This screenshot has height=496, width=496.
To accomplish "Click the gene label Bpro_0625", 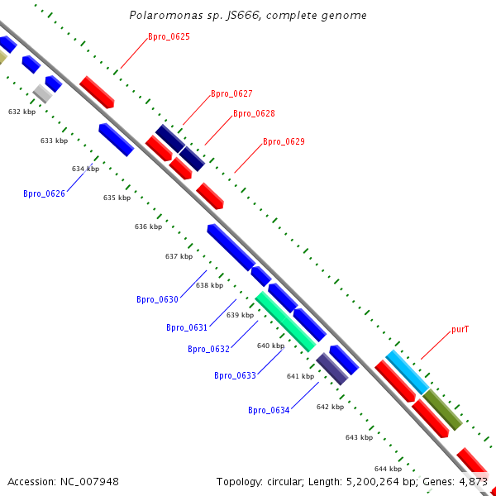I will [x=169, y=37].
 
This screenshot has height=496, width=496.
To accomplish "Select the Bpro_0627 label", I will [x=231, y=94].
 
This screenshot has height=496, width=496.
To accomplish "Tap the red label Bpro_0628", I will [x=254, y=114].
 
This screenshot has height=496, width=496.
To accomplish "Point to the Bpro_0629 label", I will [x=284, y=142].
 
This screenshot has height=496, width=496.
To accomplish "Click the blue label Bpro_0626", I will [x=44, y=194].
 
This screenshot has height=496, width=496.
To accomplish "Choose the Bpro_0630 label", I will [x=157, y=299].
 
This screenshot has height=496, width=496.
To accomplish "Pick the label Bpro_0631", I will [x=187, y=328].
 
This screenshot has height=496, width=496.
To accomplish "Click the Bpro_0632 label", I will [x=208, y=349].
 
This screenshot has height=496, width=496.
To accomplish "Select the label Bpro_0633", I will [x=235, y=375].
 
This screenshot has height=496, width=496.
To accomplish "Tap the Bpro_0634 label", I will [x=269, y=410].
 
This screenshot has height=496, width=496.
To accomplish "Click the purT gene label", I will [x=460, y=329].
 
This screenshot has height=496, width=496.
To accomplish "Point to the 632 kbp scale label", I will [x=22, y=112].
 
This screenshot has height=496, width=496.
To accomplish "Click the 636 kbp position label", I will [x=149, y=227].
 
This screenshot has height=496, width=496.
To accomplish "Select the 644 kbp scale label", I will [x=388, y=469].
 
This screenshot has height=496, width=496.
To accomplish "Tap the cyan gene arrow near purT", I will [x=407, y=372].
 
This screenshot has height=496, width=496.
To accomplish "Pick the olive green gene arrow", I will [x=442, y=409].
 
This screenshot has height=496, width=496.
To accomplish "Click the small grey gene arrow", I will [x=42, y=93].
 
